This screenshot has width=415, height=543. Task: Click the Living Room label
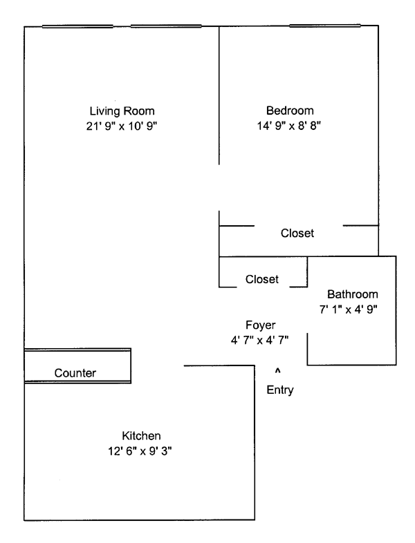[122, 111]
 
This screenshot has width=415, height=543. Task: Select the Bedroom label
[290, 111]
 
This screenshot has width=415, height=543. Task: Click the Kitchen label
[141, 436]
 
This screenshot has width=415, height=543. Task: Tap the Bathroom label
[353, 294]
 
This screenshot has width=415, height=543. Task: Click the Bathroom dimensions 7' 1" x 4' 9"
[353, 308]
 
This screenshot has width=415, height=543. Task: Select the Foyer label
[261, 325]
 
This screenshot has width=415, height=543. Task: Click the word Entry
[280, 390]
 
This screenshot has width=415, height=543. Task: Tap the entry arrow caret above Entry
[279, 370]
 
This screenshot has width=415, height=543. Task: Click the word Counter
[75, 373]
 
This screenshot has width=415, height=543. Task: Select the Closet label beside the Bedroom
[297, 234]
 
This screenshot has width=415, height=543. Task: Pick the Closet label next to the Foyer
[262, 279]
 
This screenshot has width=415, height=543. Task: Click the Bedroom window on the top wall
[325, 27]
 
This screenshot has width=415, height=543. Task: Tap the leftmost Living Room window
[77, 27]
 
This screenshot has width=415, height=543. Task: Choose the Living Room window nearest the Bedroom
[166, 27]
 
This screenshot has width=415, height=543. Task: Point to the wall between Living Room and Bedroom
[219, 97]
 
